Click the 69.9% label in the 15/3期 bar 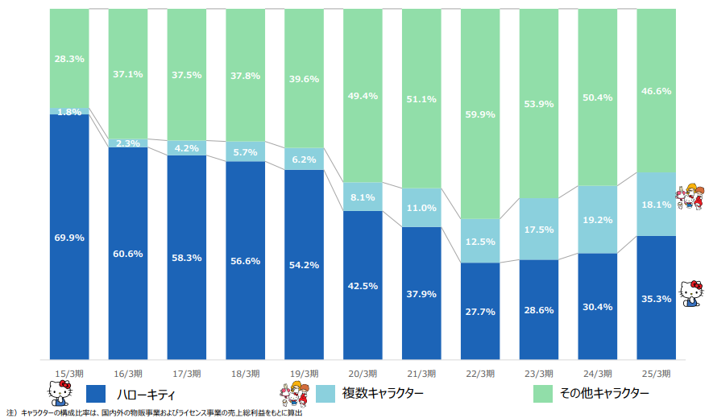pyautogui.click(x=68, y=238)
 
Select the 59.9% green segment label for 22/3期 pyautogui.click(x=480, y=114)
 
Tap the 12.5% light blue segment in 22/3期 pyautogui.click(x=480, y=242)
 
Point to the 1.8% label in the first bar pyautogui.click(x=68, y=112)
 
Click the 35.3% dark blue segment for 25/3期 pyautogui.click(x=657, y=298)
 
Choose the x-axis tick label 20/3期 pyautogui.click(x=363, y=373)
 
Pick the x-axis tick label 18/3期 pyautogui.click(x=245, y=373)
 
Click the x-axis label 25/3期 pyautogui.click(x=657, y=373)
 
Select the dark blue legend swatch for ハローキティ pyautogui.click(x=96, y=393)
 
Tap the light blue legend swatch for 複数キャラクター pyautogui.click(x=325, y=393)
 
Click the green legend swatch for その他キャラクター pyautogui.click(x=545, y=393)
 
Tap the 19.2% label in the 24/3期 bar pyautogui.click(x=598, y=219)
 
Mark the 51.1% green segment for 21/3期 pyautogui.click(x=421, y=99)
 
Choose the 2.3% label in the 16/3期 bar pyautogui.click(x=127, y=143)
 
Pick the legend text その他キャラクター pyautogui.click(x=606, y=393)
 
